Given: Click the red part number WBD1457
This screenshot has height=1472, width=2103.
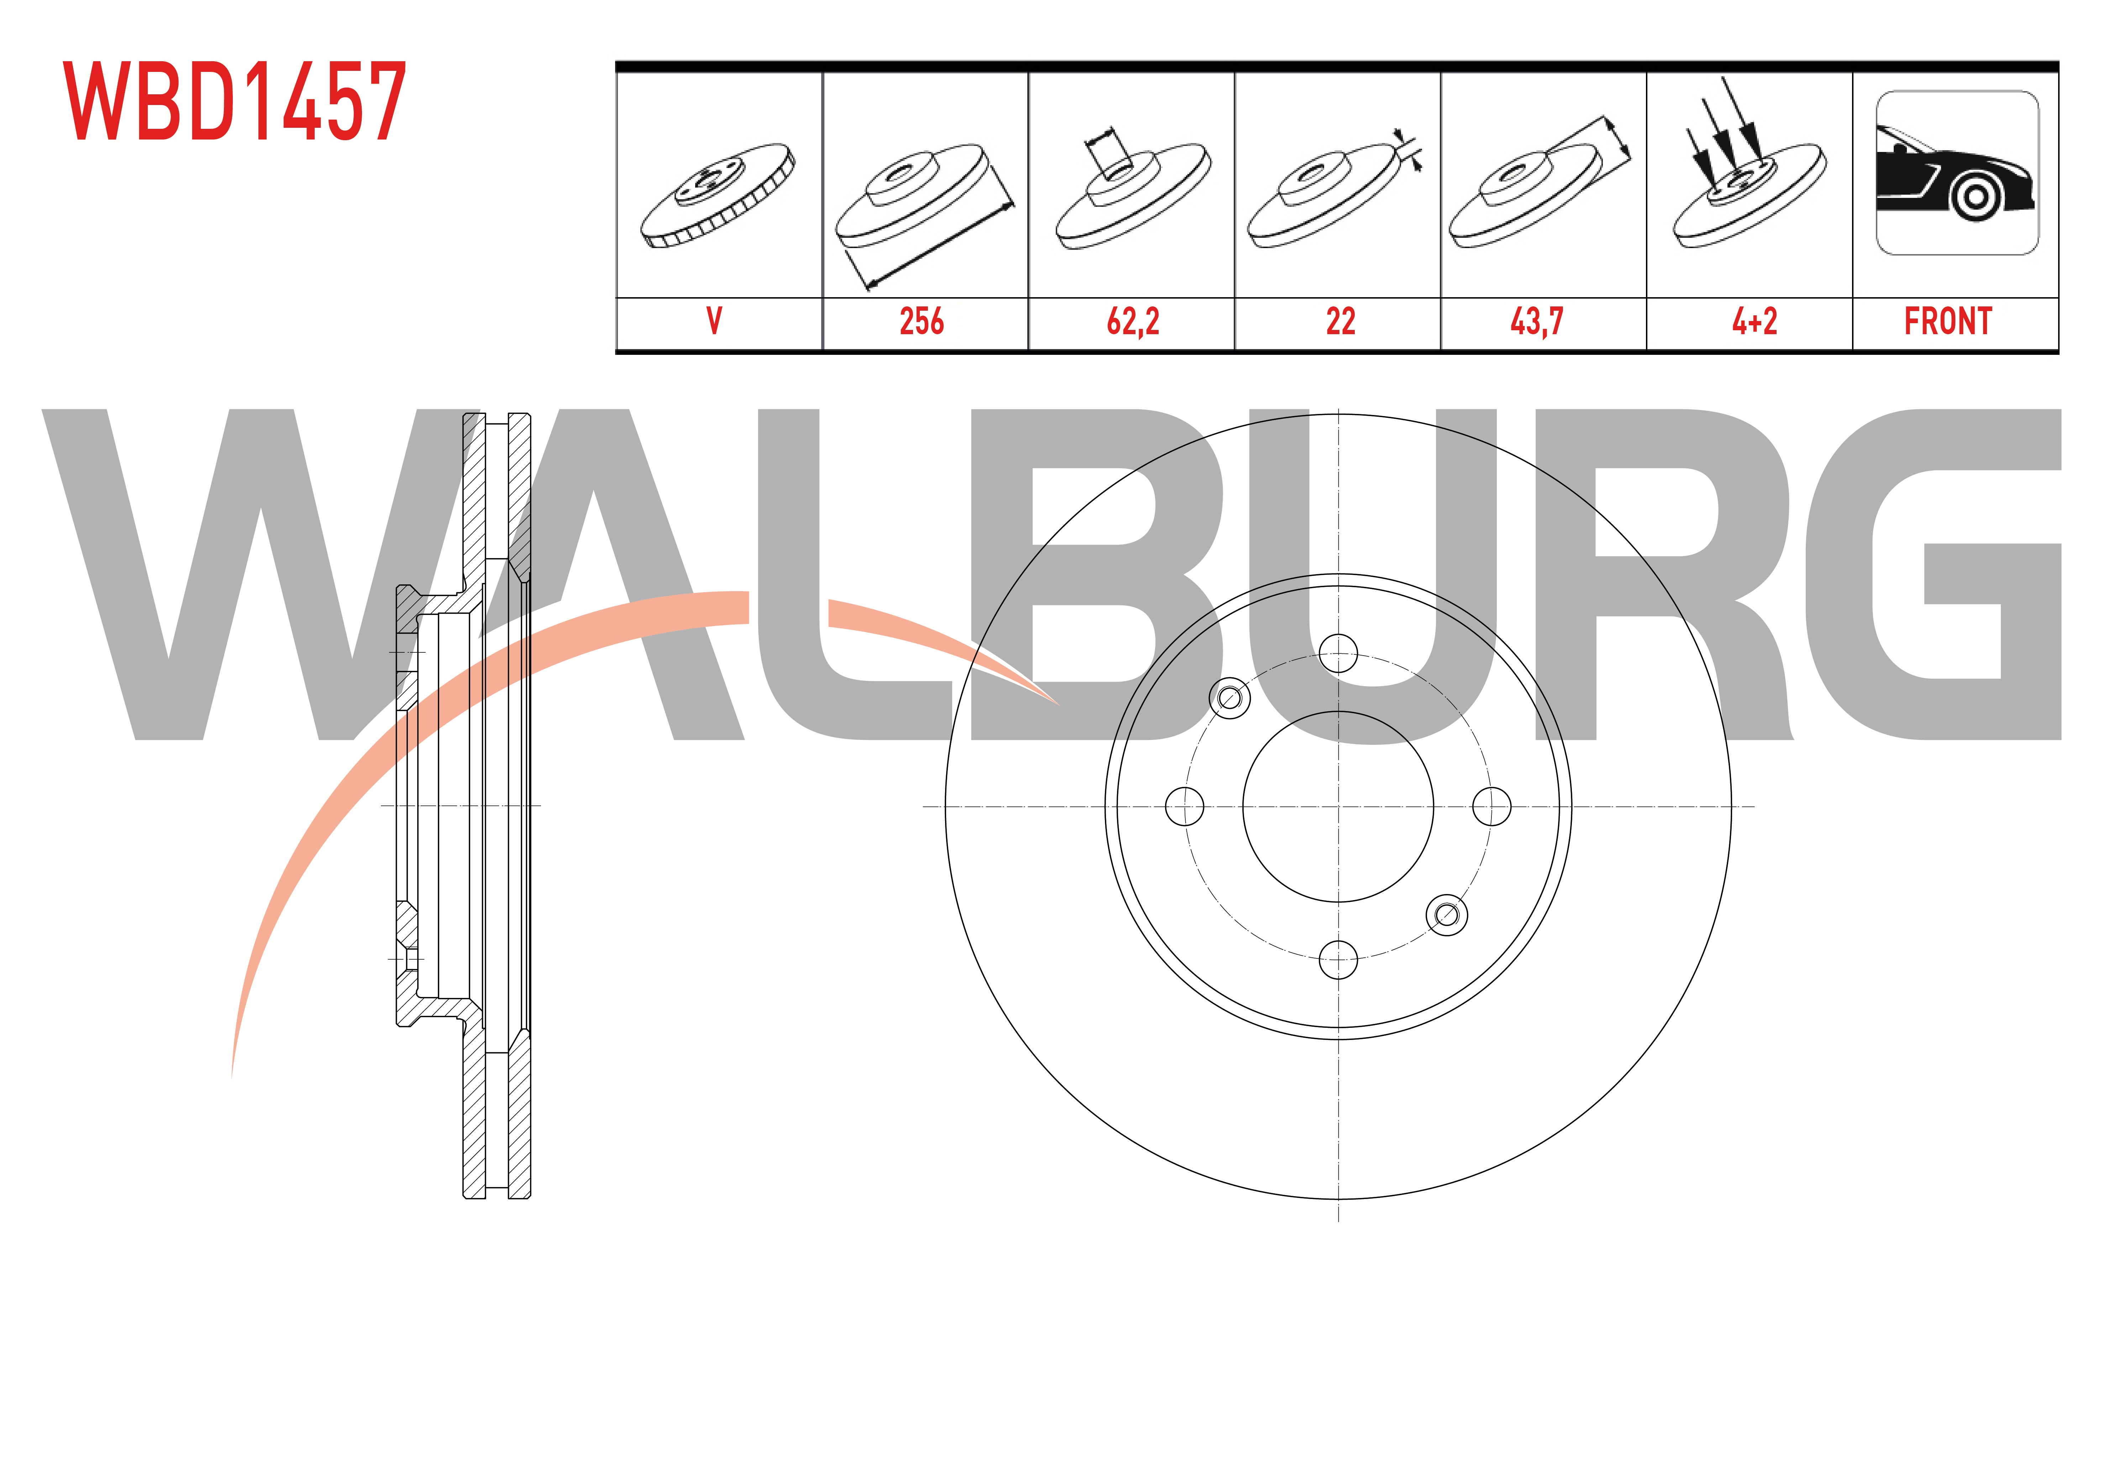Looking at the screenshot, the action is [x=235, y=102].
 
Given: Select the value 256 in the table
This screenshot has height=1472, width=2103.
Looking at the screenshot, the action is [x=922, y=321].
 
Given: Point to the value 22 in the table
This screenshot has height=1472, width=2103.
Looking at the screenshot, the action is [x=1340, y=321].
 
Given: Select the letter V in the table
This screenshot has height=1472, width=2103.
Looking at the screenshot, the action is [x=714, y=321].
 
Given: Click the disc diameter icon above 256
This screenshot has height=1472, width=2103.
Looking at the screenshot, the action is [x=925, y=215].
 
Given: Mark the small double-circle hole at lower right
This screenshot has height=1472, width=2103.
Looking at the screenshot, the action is [x=1447, y=914].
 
